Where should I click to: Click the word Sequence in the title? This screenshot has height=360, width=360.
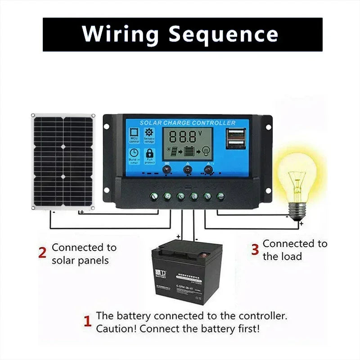click(x=223, y=34)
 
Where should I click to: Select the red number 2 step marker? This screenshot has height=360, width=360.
click(x=42, y=253)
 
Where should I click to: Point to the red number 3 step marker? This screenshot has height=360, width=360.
click(x=255, y=249)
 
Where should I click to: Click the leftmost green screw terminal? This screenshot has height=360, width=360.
click(x=153, y=196)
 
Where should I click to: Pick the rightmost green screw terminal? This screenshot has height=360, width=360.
click(x=220, y=196)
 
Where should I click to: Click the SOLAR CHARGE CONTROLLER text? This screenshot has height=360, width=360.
click(x=187, y=123)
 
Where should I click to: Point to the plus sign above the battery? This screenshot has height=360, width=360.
click(x=178, y=236)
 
